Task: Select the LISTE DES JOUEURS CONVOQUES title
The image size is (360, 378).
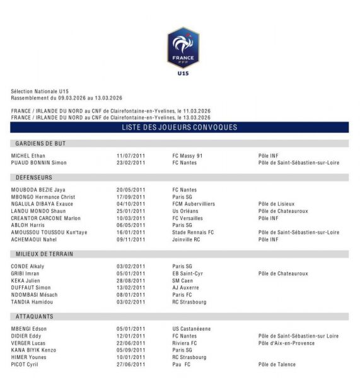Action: point(180,127)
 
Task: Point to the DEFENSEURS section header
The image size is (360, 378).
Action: point(34,178)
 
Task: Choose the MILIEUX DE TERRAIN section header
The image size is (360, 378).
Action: point(44,254)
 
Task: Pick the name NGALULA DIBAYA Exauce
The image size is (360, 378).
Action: point(42,204)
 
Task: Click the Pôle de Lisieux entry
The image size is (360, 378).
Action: point(277,204)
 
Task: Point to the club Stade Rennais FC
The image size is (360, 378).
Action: point(193,232)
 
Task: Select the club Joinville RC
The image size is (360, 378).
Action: point(188,239)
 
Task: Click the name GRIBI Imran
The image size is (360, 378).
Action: point(26,274)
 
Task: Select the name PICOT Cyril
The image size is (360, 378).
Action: point(25,364)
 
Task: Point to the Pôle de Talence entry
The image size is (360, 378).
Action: point(277,364)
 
